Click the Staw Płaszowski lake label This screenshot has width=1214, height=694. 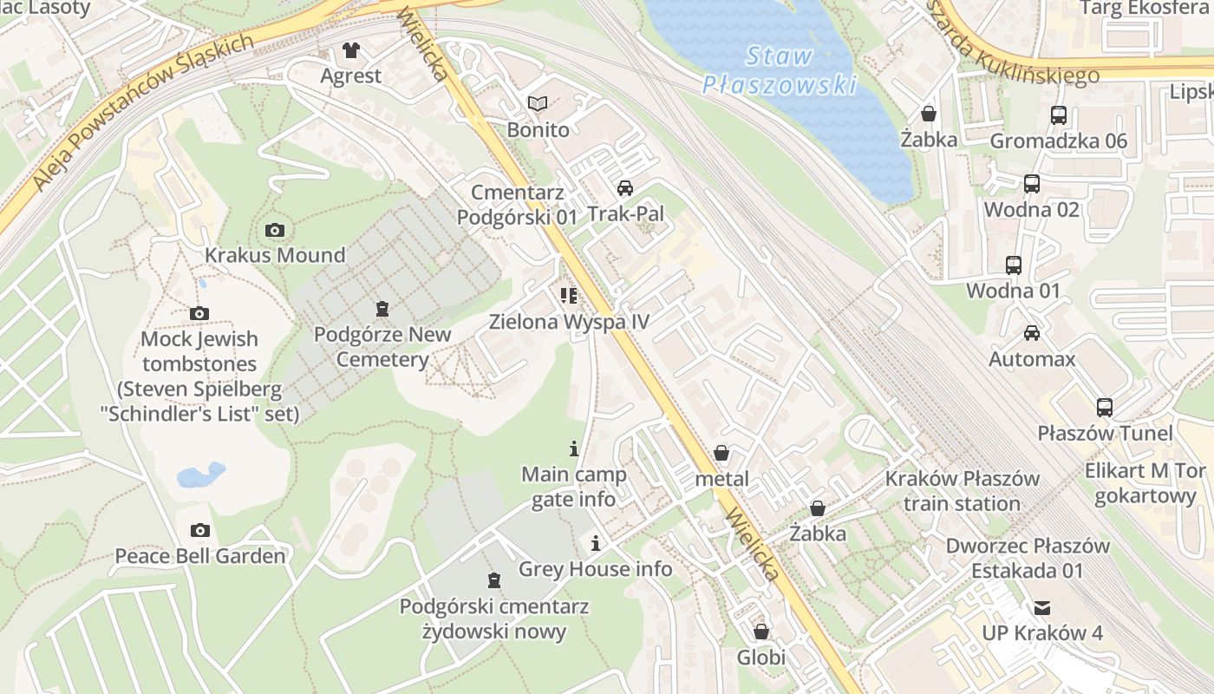coord(778,70)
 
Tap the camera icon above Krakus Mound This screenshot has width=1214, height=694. coord(275,230)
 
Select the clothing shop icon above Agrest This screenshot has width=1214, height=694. coord(350,50)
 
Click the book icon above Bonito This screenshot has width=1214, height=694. coord(538,104)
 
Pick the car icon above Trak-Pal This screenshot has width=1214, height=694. coord(624,187)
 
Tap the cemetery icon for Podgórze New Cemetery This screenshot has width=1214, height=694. coord(382,308)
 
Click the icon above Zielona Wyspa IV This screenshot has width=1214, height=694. coord(569,296)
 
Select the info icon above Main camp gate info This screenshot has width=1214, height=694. coord(573,448)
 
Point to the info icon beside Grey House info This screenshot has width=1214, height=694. coord(596,544)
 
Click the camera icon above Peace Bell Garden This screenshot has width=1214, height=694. coord(200,530)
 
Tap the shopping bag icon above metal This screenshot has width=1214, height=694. coord(721,453)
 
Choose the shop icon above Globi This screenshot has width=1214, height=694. coord(760,632)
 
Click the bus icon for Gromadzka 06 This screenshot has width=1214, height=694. coord(1058,115)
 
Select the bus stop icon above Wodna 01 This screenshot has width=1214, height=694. coord(1013,265)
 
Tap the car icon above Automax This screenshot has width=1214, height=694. coord(1031,333)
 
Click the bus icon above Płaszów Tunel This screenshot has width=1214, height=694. coord(1104,407)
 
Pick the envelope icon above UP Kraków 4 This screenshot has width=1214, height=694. coord(1041,607)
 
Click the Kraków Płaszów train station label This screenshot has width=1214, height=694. coord(962,491)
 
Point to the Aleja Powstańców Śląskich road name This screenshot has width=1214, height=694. coord(143,112)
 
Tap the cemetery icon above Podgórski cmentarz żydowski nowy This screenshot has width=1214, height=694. coord(493,579)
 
